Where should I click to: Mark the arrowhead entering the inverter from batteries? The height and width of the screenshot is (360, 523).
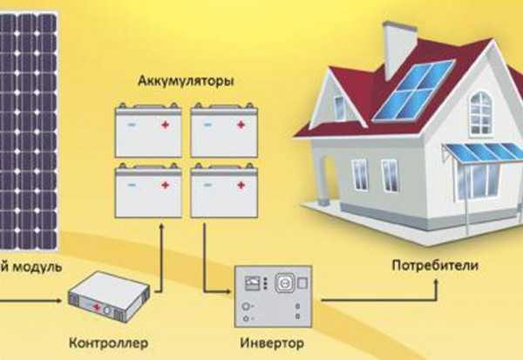pyautogui.click(x=229, y=292)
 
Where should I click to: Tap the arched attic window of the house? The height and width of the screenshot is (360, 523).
pyautogui.click(x=480, y=112)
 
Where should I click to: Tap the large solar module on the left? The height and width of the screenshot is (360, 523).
pyautogui.click(x=26, y=131)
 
